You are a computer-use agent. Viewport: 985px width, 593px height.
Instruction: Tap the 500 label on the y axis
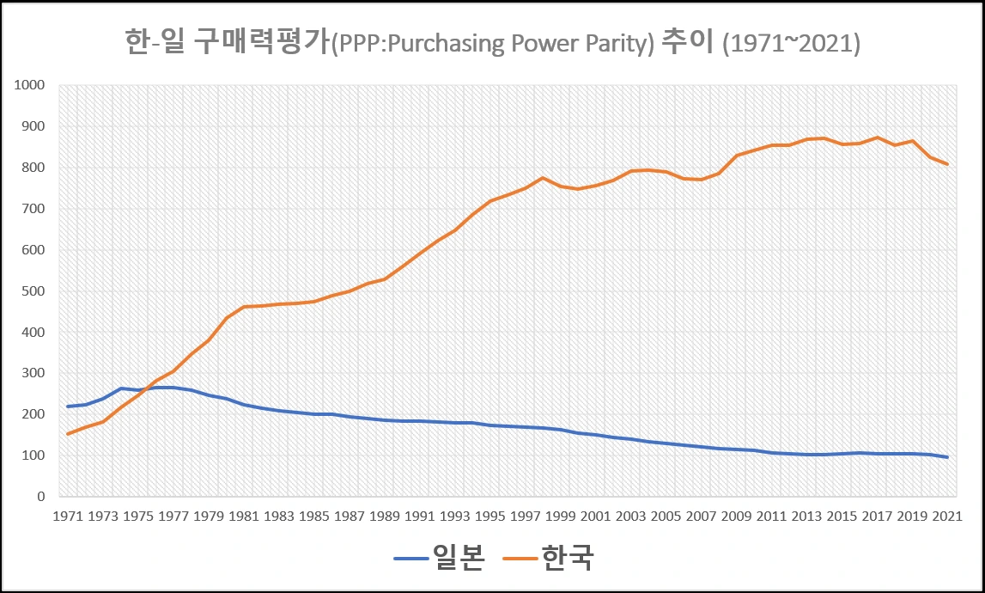(x=33, y=291)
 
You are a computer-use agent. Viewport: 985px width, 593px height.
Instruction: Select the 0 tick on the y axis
(x=40, y=497)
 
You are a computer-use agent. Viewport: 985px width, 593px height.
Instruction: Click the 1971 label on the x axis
(x=67, y=517)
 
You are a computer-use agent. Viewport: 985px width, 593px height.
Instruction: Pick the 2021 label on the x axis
(x=946, y=517)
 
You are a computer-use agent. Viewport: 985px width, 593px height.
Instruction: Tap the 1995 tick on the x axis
(x=489, y=517)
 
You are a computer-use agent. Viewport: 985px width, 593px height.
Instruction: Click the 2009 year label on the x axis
(x=735, y=517)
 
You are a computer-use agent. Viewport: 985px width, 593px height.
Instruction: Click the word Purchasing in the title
(x=436, y=44)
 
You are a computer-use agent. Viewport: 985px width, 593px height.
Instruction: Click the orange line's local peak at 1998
(x=543, y=178)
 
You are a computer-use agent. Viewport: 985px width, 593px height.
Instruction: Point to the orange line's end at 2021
(x=947, y=164)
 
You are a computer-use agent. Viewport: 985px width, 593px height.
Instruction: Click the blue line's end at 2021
(x=947, y=457)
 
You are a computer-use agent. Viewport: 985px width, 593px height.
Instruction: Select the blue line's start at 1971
(x=67, y=407)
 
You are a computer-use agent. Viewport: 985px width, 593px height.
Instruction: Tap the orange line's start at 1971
(x=67, y=434)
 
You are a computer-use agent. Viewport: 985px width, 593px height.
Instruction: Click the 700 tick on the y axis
(x=33, y=209)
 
